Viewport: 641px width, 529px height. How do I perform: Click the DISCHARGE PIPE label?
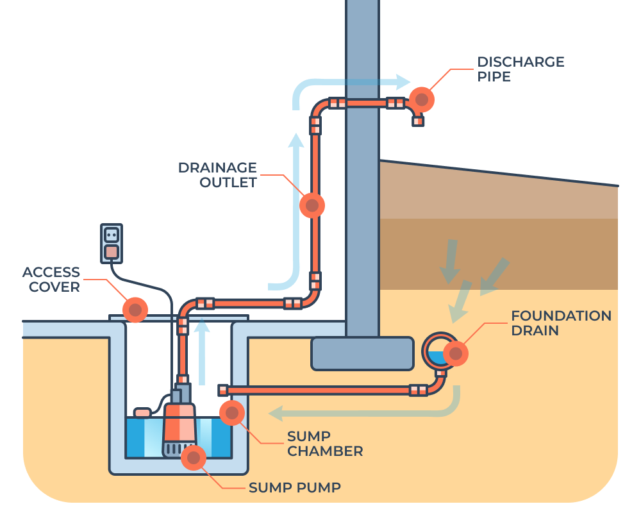pos(520,69)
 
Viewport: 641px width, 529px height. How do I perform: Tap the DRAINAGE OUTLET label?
pos(217,175)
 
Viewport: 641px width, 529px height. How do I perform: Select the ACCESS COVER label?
pos(51,280)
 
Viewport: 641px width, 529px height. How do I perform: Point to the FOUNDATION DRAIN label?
pos(561,323)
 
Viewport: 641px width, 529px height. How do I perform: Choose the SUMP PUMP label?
pos(295,488)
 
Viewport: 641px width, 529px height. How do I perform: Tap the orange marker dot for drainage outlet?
pos(312,205)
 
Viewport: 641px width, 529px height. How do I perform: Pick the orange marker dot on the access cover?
pos(135,310)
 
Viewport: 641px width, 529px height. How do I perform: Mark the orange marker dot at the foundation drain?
pos(456,353)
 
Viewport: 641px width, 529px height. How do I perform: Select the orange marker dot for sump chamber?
pos(231,412)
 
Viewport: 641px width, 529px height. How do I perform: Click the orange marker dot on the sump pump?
pos(193,457)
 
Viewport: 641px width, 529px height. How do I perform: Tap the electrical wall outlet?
pos(112,243)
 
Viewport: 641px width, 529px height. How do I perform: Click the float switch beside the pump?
pos(142,412)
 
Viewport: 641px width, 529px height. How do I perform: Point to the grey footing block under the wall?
pos(362,353)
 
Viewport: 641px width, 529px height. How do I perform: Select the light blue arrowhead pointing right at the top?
pos(403,81)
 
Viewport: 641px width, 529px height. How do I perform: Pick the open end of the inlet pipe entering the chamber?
pos(223,390)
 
